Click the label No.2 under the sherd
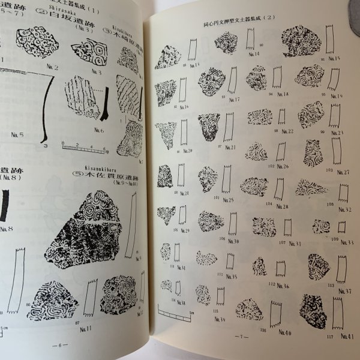[x=52, y=67]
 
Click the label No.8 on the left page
[x=7, y=229]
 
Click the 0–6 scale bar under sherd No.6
[x=83, y=146]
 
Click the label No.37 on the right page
[x=344, y=291]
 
